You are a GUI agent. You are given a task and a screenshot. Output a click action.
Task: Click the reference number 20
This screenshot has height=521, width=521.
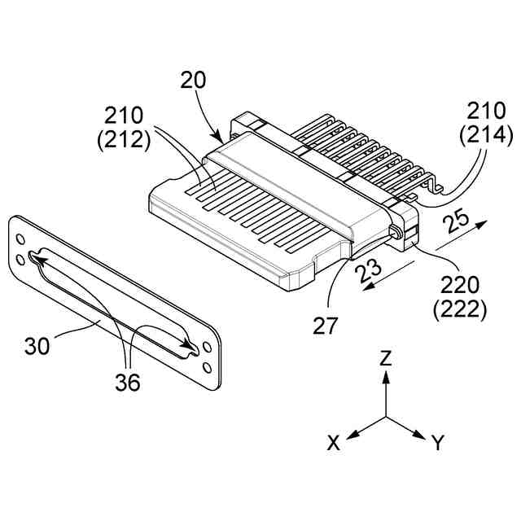(194, 80)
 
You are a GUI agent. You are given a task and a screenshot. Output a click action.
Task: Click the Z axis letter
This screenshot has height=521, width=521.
(387, 357)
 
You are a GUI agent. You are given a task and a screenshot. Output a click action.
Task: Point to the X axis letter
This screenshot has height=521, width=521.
(333, 443)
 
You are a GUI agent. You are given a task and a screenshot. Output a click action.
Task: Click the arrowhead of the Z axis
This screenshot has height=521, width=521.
(387, 377)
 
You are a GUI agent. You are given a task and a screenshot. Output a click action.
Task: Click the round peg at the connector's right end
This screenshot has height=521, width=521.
(396, 232)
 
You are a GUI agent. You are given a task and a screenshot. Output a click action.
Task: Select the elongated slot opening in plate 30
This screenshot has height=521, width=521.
(114, 305)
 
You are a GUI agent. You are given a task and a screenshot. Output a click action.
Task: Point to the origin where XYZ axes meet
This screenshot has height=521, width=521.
(387, 418)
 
